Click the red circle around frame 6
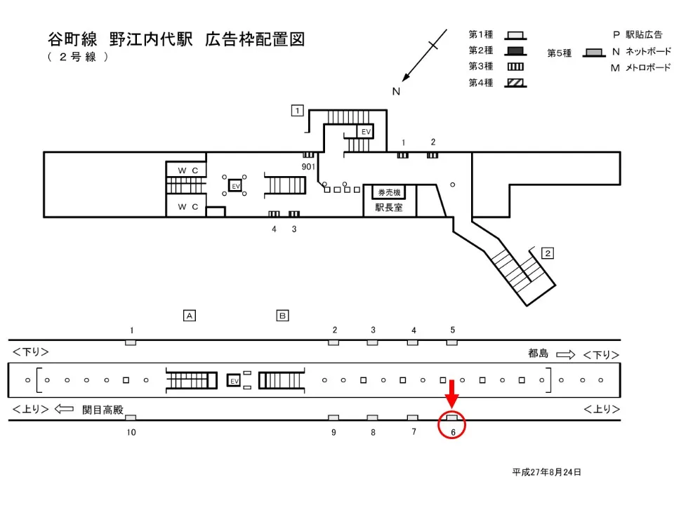(x=452, y=425)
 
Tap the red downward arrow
(x=452, y=393)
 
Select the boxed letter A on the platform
(x=189, y=316)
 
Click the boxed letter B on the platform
(x=282, y=316)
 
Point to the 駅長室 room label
(x=389, y=208)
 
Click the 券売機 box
(x=389, y=193)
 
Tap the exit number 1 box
(x=298, y=110)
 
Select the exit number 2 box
(x=548, y=252)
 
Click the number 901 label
(x=308, y=166)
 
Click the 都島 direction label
(x=538, y=354)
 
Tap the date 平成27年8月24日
(x=546, y=472)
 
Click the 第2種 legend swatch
(x=517, y=50)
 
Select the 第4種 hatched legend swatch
(x=517, y=83)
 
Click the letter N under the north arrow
(x=396, y=91)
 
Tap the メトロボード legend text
(x=643, y=68)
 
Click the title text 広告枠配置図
(x=255, y=39)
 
